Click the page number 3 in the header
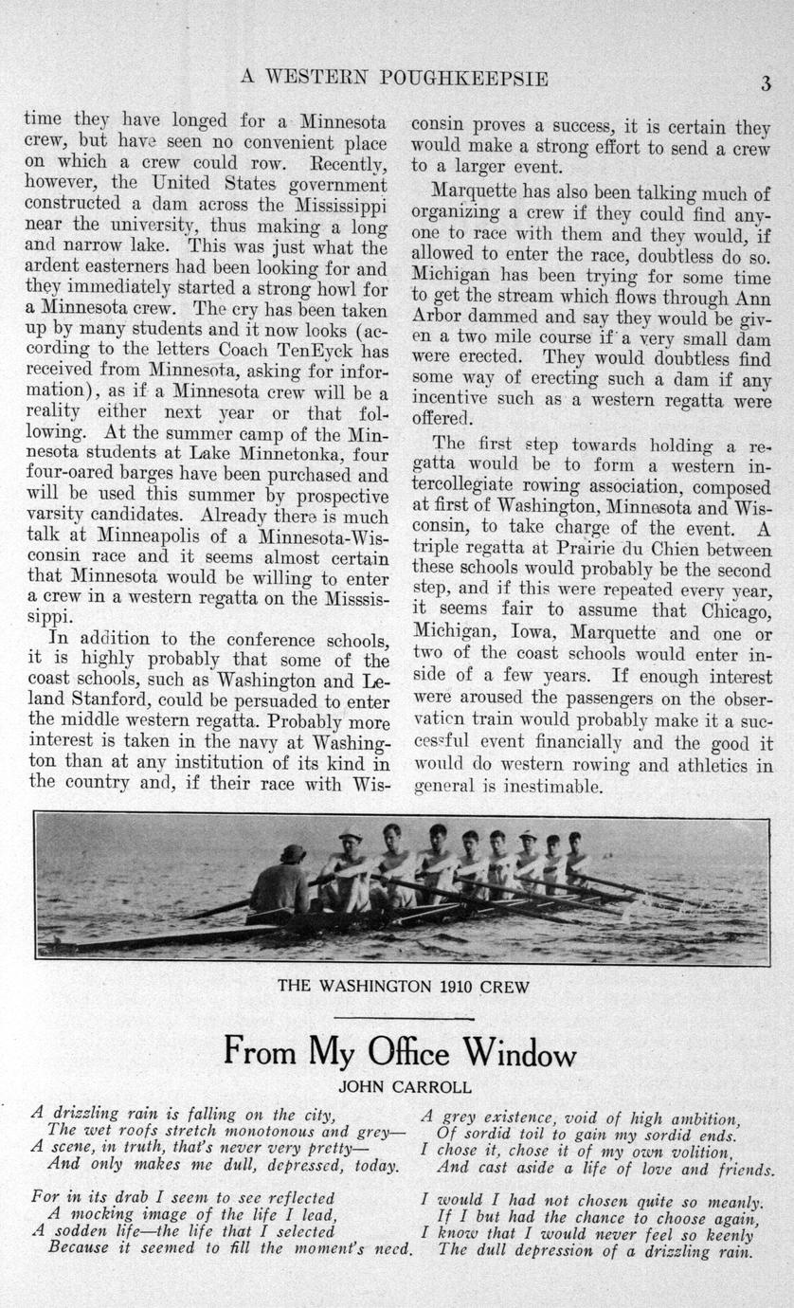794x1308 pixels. (765, 82)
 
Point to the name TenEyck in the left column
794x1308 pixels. (317, 350)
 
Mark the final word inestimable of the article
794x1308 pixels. (553, 787)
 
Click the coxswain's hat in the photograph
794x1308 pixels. (293, 852)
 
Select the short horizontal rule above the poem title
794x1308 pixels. (404, 1019)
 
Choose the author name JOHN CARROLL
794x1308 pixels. (405, 1087)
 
